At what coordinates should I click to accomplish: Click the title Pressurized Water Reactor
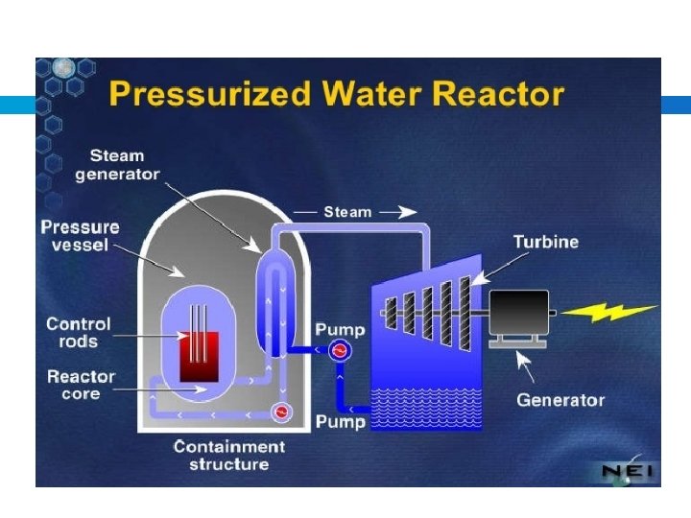[x=336, y=95]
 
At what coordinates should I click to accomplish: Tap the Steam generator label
[x=117, y=164]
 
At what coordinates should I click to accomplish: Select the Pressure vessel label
[x=81, y=236]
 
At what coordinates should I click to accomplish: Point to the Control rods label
[x=79, y=333]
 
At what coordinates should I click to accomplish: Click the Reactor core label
[x=82, y=385]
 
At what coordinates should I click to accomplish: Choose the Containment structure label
[x=228, y=455]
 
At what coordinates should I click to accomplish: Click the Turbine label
[x=546, y=242]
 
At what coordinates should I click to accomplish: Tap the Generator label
[x=561, y=400]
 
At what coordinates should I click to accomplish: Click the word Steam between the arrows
[x=347, y=212]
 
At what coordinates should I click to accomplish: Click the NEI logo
[x=625, y=470]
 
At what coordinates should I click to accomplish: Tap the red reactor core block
[x=199, y=356]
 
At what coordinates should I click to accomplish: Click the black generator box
[x=519, y=314]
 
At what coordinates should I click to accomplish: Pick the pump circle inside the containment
[x=281, y=412]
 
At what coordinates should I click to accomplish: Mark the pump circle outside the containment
[x=338, y=351]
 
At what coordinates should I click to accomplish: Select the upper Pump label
[x=341, y=329]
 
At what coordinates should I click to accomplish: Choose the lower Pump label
[x=341, y=422]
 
